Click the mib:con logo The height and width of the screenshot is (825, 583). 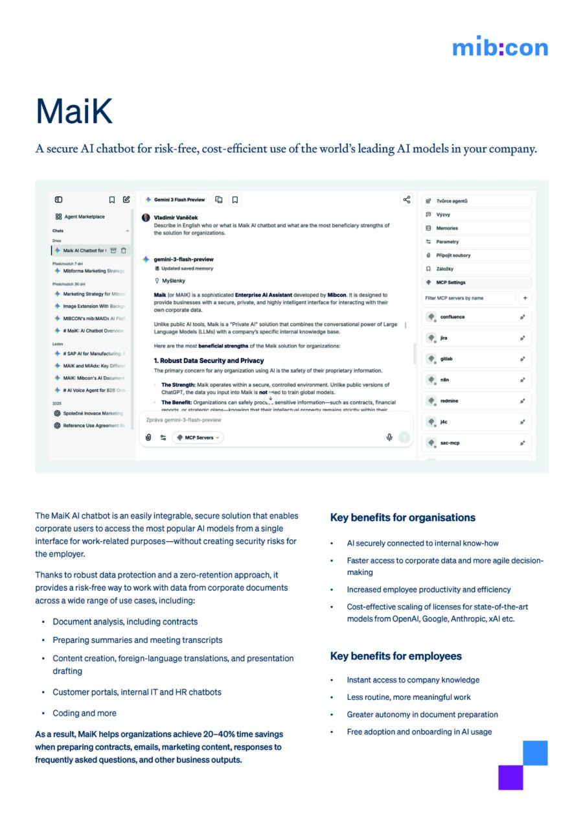click(x=499, y=47)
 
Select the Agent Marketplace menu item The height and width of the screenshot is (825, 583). click(x=84, y=216)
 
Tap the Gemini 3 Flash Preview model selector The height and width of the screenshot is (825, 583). click(x=175, y=200)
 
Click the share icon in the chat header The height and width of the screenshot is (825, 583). click(x=406, y=200)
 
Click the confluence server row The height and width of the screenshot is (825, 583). click(x=475, y=317)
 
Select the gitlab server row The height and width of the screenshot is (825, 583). click(x=475, y=359)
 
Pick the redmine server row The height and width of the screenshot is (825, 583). click(x=475, y=401)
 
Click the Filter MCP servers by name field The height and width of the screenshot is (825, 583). click(x=468, y=298)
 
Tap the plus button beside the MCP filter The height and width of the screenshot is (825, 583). click(x=525, y=298)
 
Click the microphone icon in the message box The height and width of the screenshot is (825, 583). click(x=389, y=437)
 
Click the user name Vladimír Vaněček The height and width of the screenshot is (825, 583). click(x=176, y=218)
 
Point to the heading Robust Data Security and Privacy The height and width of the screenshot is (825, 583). click(x=209, y=360)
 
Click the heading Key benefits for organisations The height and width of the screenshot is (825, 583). click(x=402, y=518)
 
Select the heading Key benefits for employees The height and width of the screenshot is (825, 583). click(x=396, y=657)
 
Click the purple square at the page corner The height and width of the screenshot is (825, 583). click(x=510, y=778)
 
